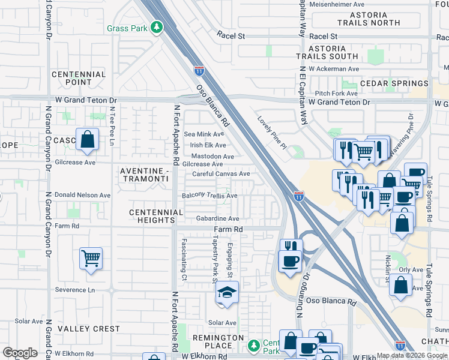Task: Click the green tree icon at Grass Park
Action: coord(157,28)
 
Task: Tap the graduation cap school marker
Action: coord(226,293)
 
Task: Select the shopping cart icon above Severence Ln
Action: coord(91,259)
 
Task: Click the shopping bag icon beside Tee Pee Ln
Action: coord(87,139)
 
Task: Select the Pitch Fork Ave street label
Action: coord(336,94)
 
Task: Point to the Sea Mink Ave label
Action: coord(205,134)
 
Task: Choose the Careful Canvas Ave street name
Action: coord(221,174)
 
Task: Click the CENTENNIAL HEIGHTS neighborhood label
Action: coord(156,216)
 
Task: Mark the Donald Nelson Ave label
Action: coord(83,195)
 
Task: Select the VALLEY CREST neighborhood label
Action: coord(88,329)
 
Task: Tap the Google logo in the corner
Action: coord(20,353)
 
